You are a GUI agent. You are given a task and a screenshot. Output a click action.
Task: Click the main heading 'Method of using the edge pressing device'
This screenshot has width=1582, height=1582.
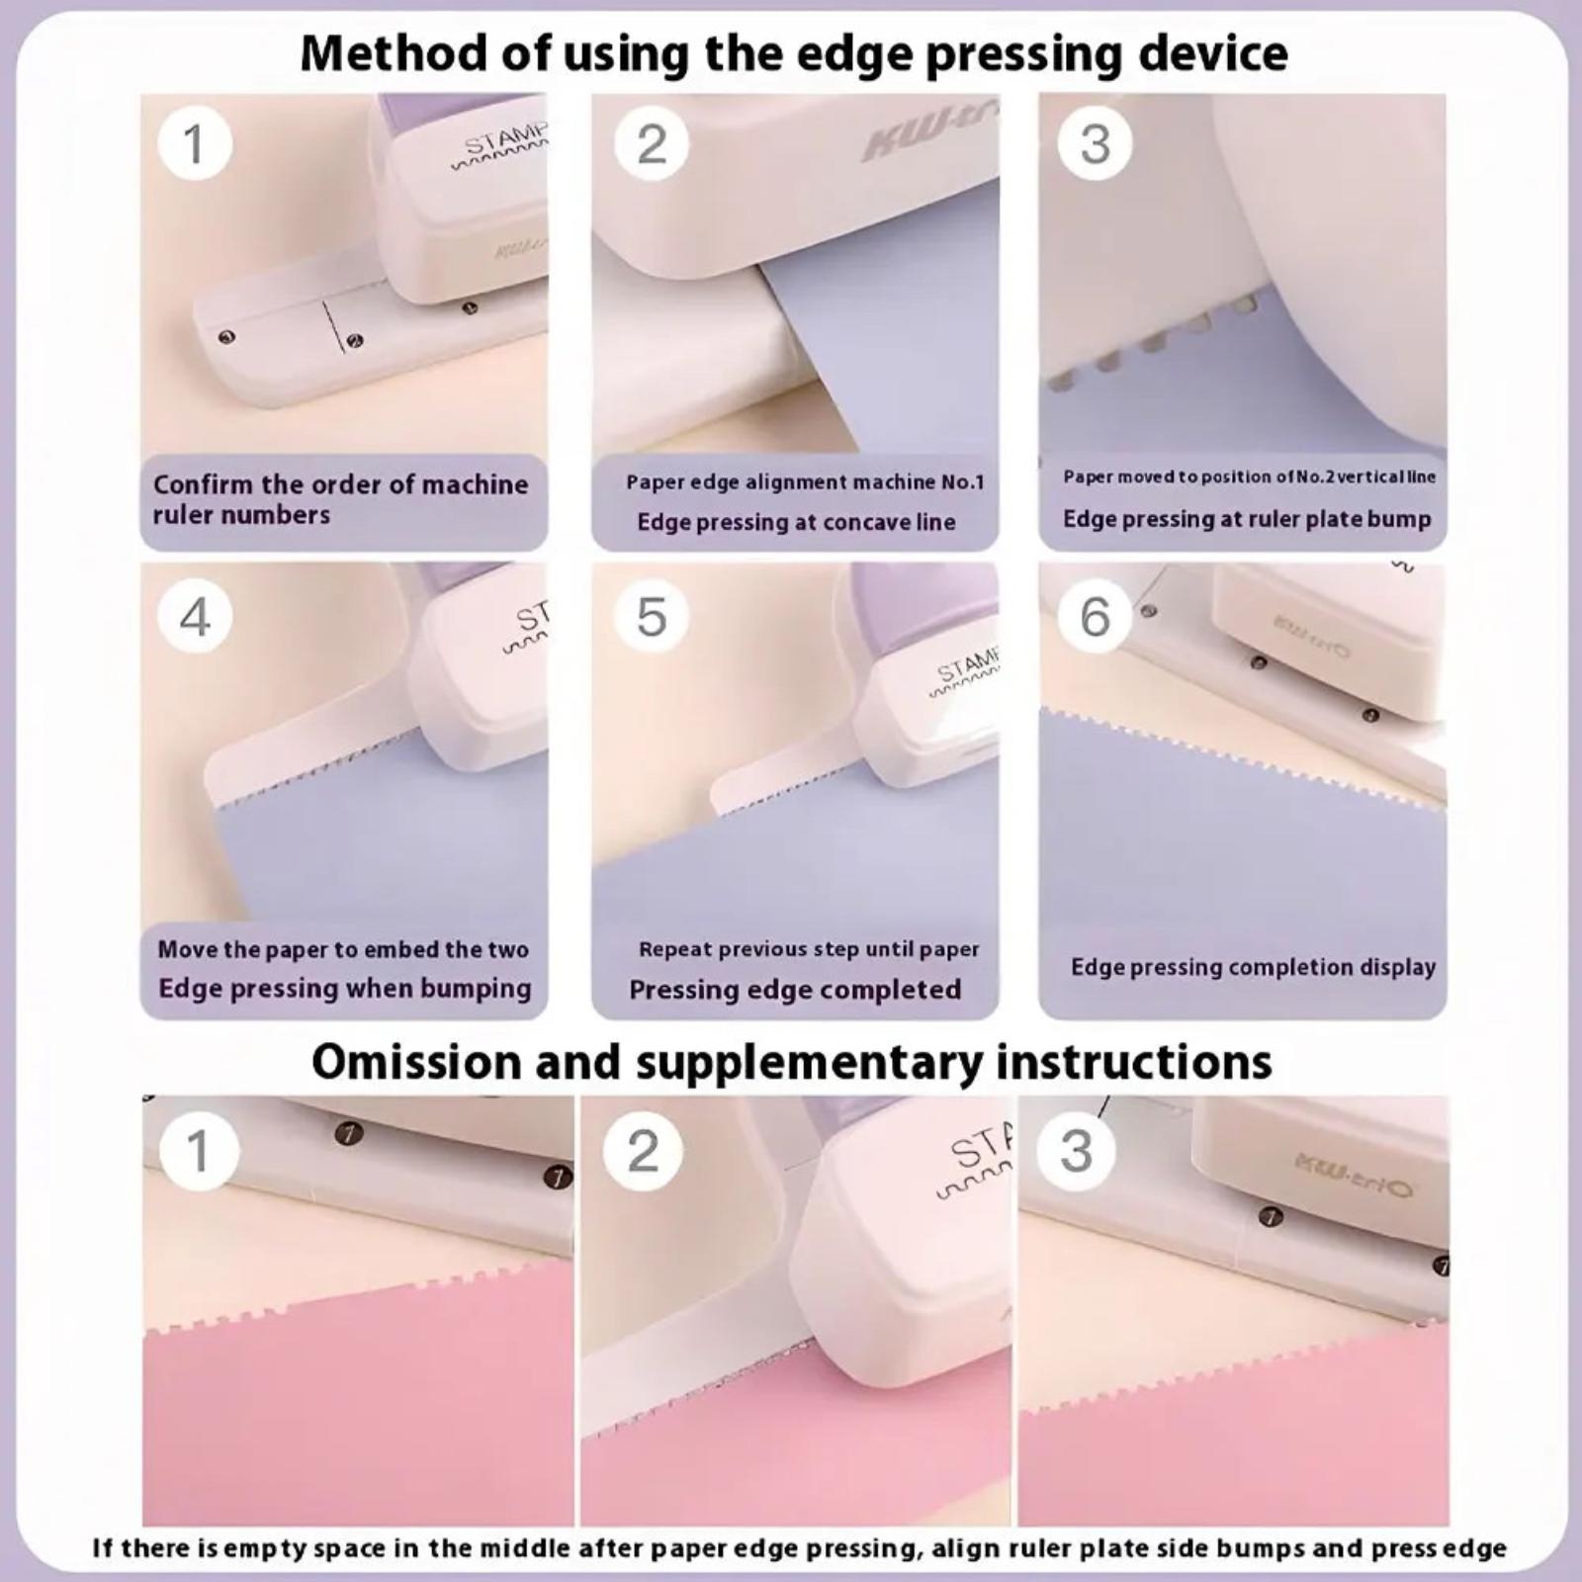pos(794,53)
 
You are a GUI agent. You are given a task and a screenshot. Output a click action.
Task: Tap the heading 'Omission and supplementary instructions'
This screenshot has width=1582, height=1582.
pos(792,1062)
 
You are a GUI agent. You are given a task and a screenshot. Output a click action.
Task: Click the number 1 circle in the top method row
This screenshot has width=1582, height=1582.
pos(195,143)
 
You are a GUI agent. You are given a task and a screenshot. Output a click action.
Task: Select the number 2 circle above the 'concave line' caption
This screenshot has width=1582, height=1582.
pos(651,143)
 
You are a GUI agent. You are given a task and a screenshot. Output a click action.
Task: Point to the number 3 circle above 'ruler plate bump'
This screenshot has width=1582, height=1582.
pos(1095,143)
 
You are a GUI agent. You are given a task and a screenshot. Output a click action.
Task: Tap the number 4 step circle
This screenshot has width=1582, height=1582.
pos(195,616)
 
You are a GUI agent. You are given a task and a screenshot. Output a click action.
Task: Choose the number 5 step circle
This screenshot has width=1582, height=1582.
pos(651,616)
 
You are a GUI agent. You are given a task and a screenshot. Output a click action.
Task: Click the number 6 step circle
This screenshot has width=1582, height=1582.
pos(1095,616)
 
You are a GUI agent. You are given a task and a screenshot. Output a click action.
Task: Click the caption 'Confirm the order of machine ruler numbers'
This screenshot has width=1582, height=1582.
pos(341,499)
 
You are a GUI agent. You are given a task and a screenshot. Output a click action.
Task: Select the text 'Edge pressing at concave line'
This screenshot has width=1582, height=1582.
pos(796,522)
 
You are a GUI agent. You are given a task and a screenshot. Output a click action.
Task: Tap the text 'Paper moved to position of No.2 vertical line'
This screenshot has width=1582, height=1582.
pos(1249,477)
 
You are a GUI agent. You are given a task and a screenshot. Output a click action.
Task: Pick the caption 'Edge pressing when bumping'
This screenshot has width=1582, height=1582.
pos(344,989)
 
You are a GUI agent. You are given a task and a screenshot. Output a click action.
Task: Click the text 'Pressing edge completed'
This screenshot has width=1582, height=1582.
pos(795,990)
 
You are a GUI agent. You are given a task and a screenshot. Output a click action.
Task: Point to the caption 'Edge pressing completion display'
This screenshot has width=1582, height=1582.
pos(1253,967)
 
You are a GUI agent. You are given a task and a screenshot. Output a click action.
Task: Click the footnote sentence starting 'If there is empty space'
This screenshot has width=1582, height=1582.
pos(799,1548)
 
